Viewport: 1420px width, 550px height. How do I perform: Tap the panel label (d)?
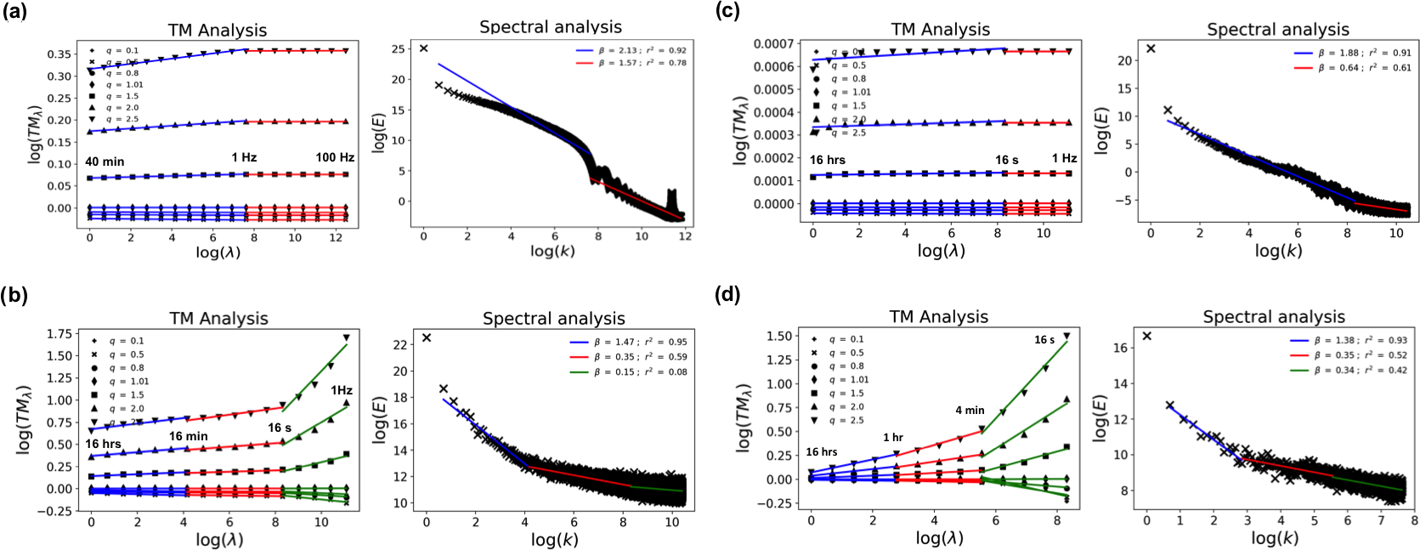click(727, 294)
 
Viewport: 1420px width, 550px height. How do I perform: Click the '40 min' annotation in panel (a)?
click(105, 162)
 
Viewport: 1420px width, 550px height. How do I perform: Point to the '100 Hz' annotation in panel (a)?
click(335, 157)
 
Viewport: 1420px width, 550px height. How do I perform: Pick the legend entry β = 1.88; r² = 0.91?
click(1365, 53)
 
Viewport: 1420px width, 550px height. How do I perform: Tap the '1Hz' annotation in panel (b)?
click(342, 390)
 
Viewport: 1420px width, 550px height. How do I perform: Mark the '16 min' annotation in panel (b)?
click(188, 436)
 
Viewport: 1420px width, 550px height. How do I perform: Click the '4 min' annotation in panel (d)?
click(970, 410)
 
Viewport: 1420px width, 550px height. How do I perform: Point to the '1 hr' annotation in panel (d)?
click(893, 437)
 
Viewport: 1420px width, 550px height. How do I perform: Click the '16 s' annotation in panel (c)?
click(1007, 160)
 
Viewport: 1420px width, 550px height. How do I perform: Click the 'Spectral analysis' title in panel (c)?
click(1277, 30)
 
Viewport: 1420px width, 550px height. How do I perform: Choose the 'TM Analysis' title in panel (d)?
click(938, 317)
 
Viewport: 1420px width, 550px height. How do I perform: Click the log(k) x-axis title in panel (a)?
click(552, 251)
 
